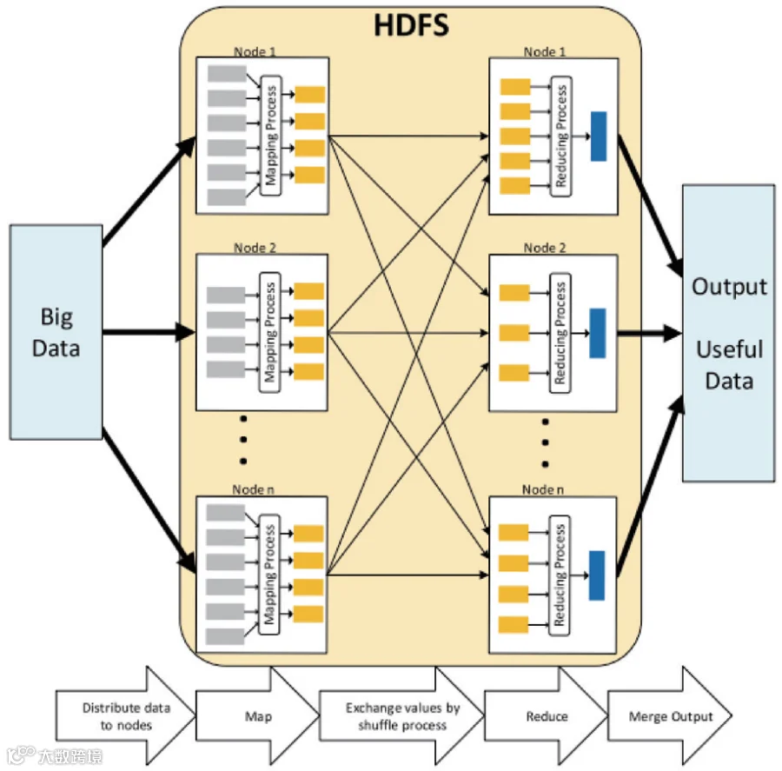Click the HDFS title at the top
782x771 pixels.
[x=411, y=24]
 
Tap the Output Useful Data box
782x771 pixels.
[x=728, y=333]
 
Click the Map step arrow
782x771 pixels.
[x=256, y=716]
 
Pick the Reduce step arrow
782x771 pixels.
[x=546, y=716]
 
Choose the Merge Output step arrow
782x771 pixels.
[x=669, y=716]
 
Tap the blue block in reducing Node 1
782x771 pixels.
[x=599, y=136]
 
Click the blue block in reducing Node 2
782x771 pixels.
[x=597, y=333]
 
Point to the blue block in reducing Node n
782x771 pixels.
[x=597, y=575]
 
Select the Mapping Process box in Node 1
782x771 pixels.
[x=269, y=136]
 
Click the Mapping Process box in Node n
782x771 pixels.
[x=269, y=574]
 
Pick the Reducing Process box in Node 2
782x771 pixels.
[x=561, y=333]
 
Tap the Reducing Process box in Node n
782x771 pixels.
[x=561, y=575]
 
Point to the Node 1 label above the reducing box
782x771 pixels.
[x=545, y=52]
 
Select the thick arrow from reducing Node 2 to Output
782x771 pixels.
[x=650, y=331]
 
